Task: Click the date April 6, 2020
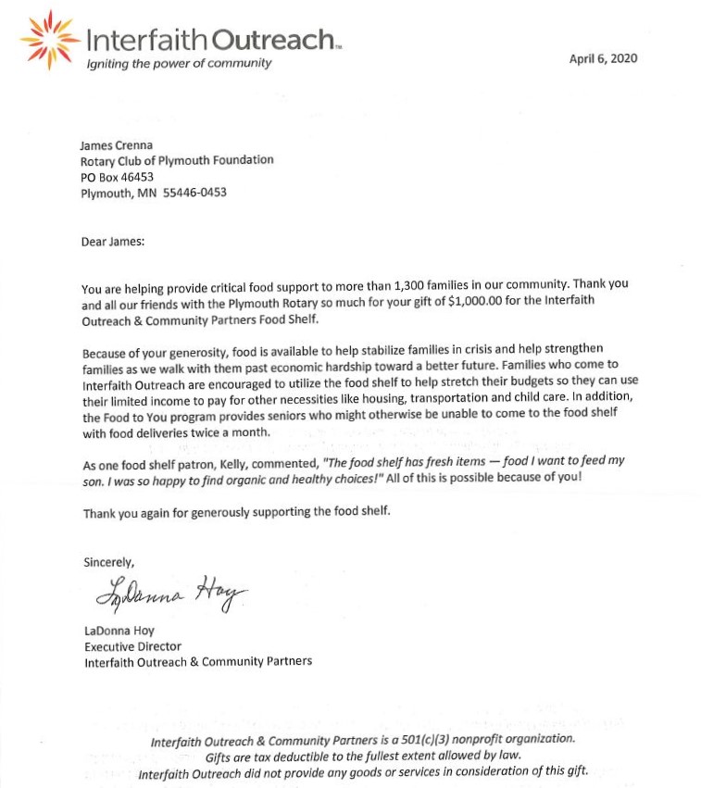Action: [x=603, y=58]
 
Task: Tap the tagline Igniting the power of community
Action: [x=179, y=63]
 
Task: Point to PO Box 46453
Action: [x=117, y=177]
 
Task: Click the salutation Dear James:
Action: [x=114, y=244]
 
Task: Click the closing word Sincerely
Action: [x=109, y=562]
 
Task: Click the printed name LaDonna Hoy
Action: [x=119, y=632]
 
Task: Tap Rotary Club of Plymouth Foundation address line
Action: [x=177, y=160]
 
